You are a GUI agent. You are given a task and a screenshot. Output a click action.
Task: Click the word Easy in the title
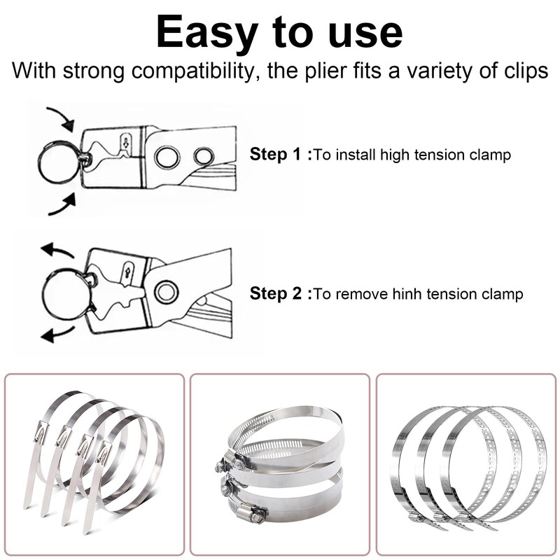[207, 33]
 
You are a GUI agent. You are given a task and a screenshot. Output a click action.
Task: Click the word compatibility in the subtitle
[192, 71]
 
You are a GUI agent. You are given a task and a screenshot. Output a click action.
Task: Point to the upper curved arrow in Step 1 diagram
[61, 118]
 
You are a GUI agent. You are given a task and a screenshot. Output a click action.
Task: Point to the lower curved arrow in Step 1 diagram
[63, 205]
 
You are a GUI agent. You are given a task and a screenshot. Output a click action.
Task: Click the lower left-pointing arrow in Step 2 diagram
[57, 334]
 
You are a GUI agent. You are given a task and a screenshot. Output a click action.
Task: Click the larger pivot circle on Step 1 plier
[167, 157]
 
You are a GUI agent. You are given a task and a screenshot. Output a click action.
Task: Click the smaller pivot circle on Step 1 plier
[204, 156]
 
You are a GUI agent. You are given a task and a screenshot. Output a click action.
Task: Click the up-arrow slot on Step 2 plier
[128, 272]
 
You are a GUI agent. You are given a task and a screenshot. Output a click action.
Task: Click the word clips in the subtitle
[526, 71]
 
